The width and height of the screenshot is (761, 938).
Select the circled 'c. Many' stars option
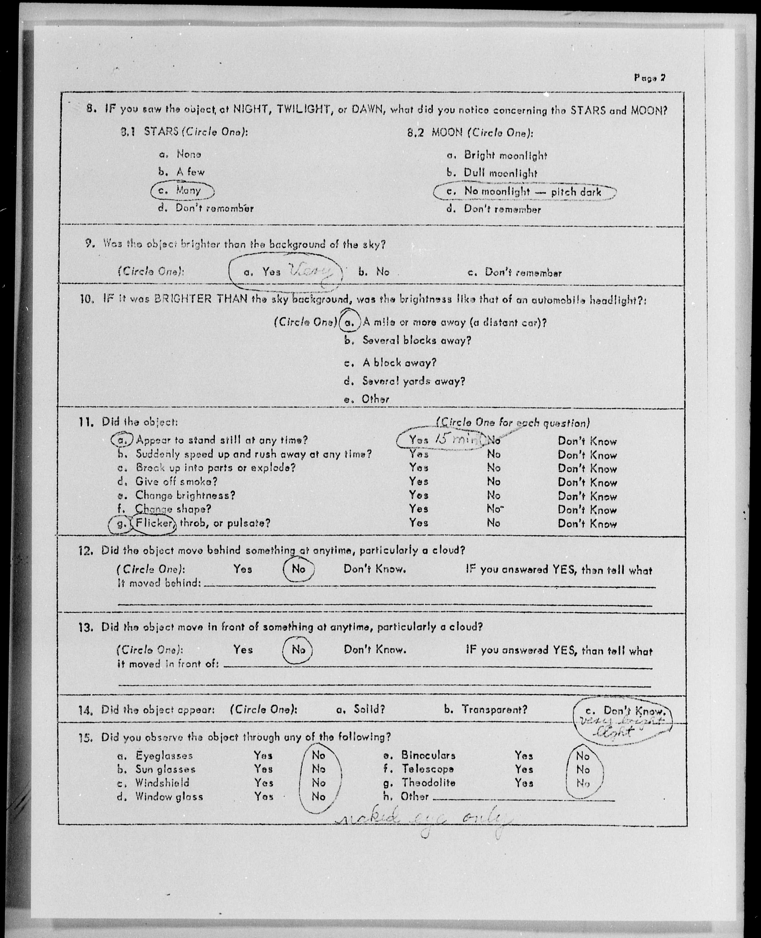click(182, 190)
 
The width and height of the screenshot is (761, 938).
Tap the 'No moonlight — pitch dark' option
click(524, 192)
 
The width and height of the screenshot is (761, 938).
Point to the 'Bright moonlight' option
click(505, 155)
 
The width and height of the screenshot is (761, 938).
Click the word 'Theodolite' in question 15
click(422, 782)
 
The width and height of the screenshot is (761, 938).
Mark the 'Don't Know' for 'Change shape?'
click(587, 510)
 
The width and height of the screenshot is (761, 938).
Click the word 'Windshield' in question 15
click(162, 782)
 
